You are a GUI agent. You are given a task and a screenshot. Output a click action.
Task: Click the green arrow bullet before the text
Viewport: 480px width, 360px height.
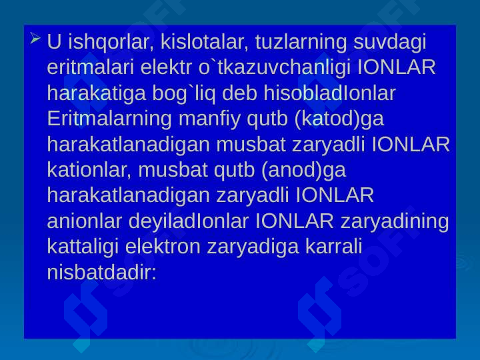[x=35, y=38]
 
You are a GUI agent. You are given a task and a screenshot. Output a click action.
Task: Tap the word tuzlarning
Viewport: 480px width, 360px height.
[x=301, y=42]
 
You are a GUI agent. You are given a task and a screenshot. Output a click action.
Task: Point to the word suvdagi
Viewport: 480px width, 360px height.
[x=390, y=42]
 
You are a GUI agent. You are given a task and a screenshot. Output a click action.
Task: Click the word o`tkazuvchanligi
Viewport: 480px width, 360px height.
[x=274, y=67]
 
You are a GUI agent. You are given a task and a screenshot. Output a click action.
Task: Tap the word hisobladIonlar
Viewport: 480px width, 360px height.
[x=330, y=93]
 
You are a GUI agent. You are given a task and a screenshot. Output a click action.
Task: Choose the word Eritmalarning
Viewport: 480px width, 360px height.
[x=109, y=119]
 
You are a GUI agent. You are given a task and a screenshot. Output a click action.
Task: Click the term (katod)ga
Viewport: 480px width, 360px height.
[x=339, y=119]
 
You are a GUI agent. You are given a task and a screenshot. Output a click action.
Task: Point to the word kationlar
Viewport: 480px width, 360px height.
[x=89, y=169]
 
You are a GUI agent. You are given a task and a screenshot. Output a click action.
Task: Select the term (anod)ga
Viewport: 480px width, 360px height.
[x=304, y=170]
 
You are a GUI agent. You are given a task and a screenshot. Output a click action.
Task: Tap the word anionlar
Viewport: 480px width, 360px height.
[x=85, y=221]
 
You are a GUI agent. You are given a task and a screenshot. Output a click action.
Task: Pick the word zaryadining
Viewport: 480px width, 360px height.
[x=395, y=221]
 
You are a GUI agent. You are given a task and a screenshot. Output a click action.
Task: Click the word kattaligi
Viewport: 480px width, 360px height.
[x=83, y=247]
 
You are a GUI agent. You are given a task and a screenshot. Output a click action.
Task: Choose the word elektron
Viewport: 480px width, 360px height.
[x=163, y=247]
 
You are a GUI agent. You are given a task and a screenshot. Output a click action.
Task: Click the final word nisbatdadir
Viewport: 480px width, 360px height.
[x=101, y=272]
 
